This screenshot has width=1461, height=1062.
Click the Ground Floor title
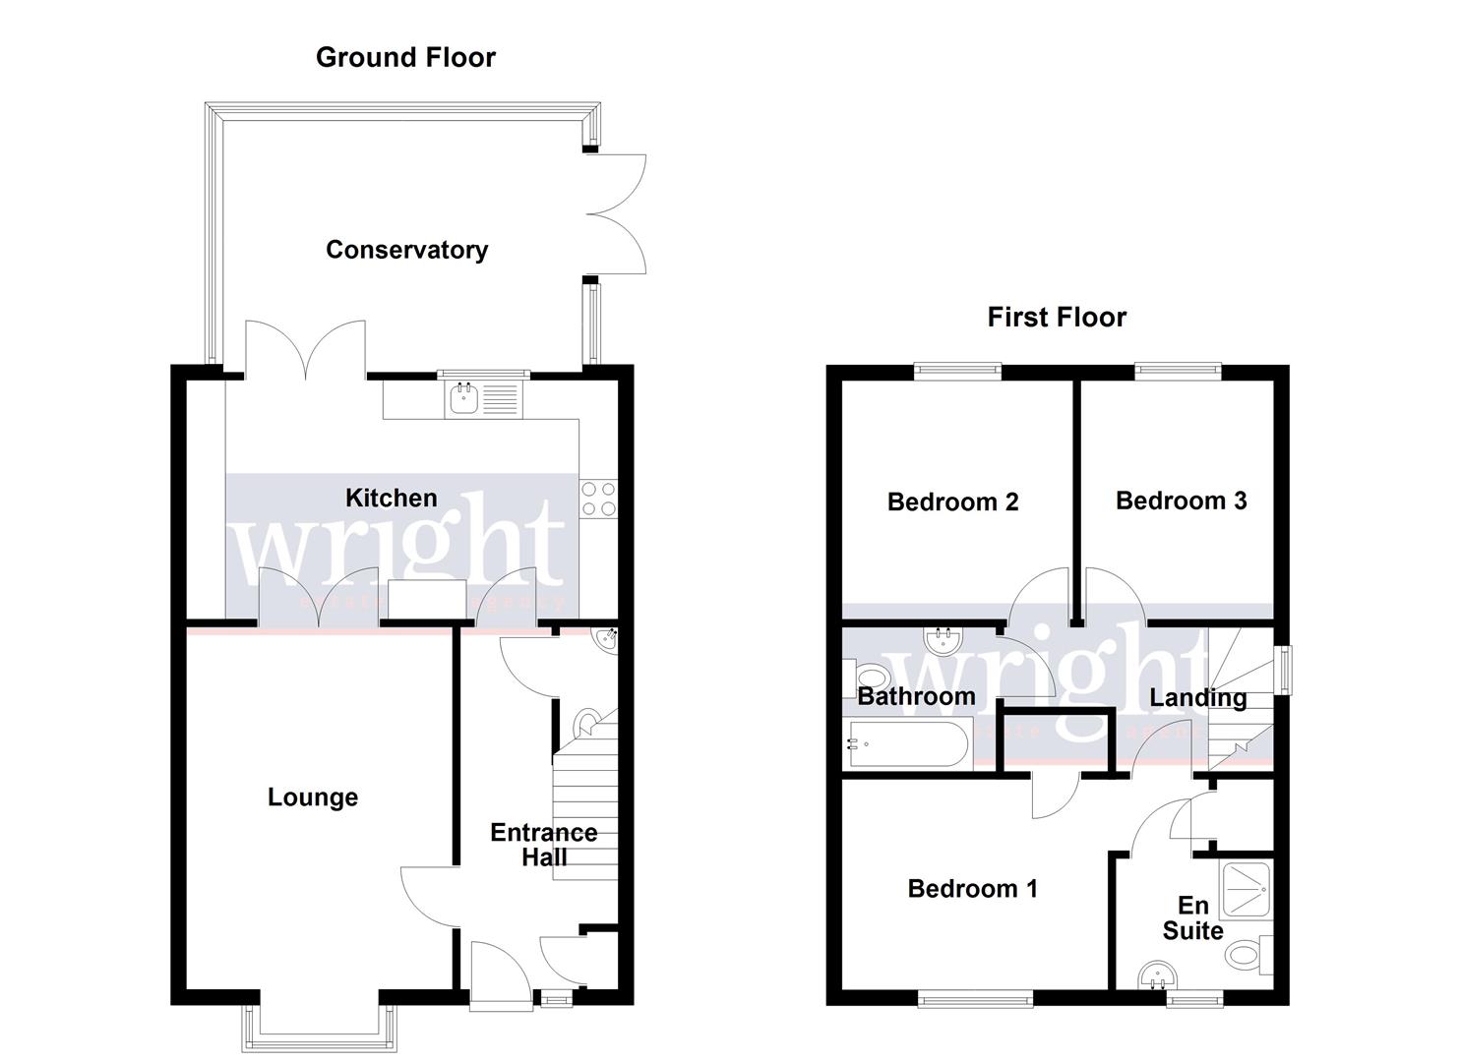(405, 57)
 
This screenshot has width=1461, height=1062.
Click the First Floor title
(1057, 317)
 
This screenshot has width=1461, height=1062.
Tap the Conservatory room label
(406, 250)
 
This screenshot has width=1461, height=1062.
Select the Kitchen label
(391, 498)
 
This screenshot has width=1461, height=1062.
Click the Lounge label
(313, 796)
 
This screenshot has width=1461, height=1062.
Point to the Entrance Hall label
(543, 845)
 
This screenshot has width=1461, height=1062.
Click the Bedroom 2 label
(952, 501)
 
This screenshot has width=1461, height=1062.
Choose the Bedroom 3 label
(1181, 501)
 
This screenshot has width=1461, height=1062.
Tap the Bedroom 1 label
(972, 889)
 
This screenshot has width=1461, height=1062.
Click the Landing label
(1197, 698)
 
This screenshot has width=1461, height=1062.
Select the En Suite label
(1192, 917)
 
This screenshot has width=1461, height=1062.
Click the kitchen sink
(484, 399)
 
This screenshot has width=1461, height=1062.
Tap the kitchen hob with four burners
(598, 499)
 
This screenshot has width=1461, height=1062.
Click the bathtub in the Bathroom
(907, 744)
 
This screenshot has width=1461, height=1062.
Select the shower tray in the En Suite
(1246, 888)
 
